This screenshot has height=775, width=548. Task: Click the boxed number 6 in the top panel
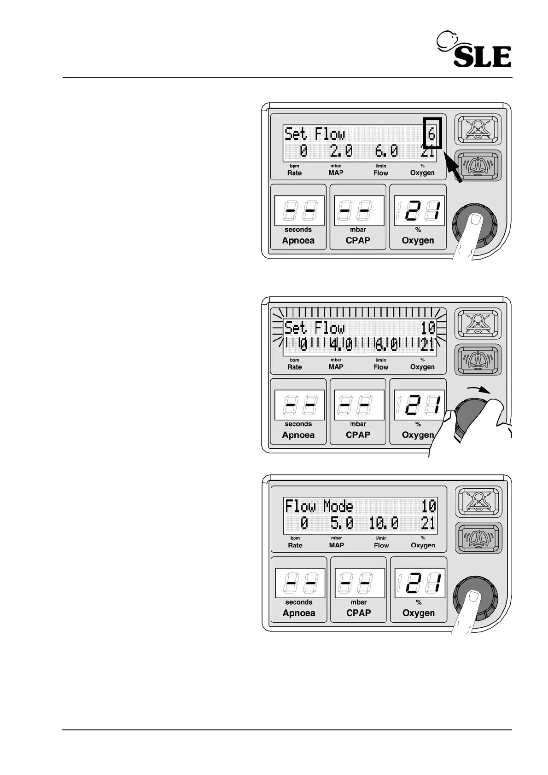click(432, 134)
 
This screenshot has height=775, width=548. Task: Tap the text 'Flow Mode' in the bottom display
click(319, 506)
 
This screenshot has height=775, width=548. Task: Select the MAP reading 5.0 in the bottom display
click(342, 523)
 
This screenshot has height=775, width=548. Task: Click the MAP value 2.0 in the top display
click(341, 151)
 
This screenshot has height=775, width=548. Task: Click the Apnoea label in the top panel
click(298, 241)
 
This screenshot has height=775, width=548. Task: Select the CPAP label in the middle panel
click(358, 435)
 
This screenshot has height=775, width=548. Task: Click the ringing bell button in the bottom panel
click(478, 537)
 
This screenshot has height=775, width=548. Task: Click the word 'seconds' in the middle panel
click(298, 424)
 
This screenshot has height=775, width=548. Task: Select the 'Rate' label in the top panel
click(294, 173)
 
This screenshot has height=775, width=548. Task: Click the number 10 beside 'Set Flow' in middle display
click(428, 328)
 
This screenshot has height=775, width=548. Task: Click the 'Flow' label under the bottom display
click(381, 545)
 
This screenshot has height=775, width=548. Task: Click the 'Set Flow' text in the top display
click(314, 134)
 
